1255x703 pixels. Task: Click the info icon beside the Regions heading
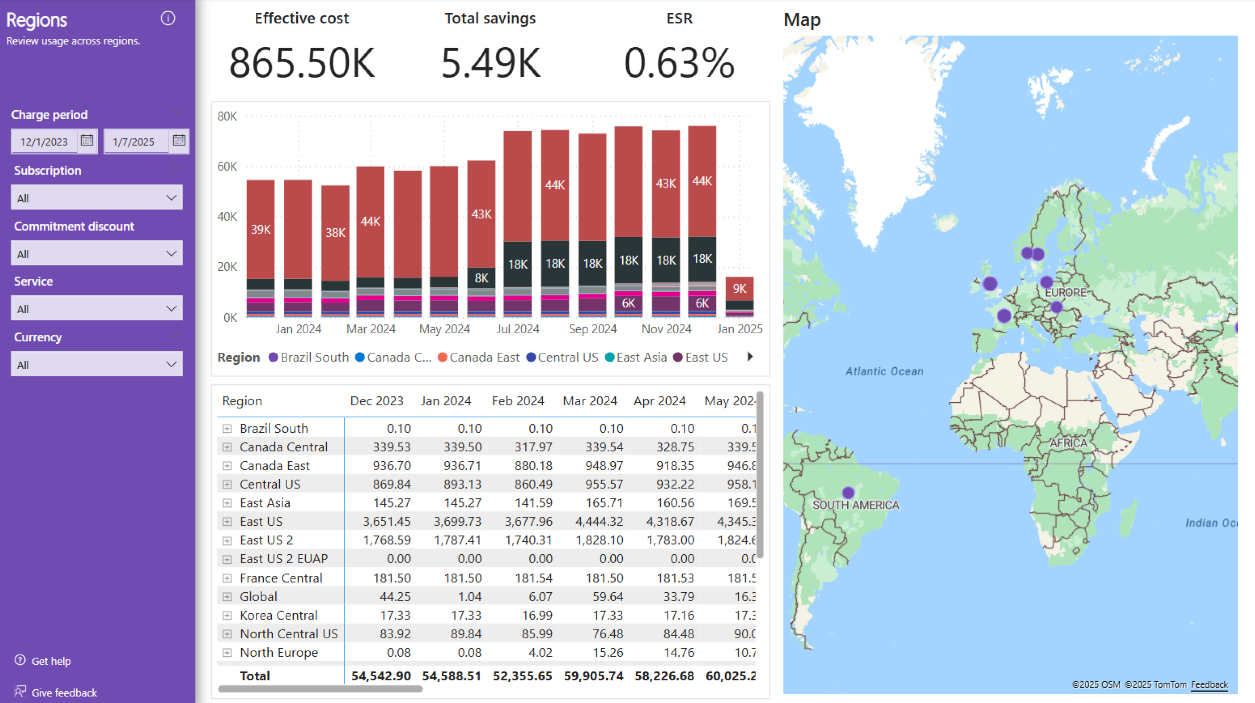tap(168, 19)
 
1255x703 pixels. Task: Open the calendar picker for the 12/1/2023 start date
tap(87, 141)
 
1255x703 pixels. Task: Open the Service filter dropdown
tap(97, 309)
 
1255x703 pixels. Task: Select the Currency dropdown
tap(97, 364)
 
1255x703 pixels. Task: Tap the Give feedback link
tap(64, 692)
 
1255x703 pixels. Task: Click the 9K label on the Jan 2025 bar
tap(739, 288)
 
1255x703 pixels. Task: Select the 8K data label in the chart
tap(481, 278)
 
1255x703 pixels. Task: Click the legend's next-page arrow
tap(750, 357)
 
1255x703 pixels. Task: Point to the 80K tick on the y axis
tap(227, 116)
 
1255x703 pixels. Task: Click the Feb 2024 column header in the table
tap(518, 400)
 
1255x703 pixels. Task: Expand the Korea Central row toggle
tap(227, 615)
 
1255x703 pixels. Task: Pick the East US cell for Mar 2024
tap(599, 521)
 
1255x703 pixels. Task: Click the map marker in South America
tap(848, 493)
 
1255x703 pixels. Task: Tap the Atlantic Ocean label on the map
tap(884, 371)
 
